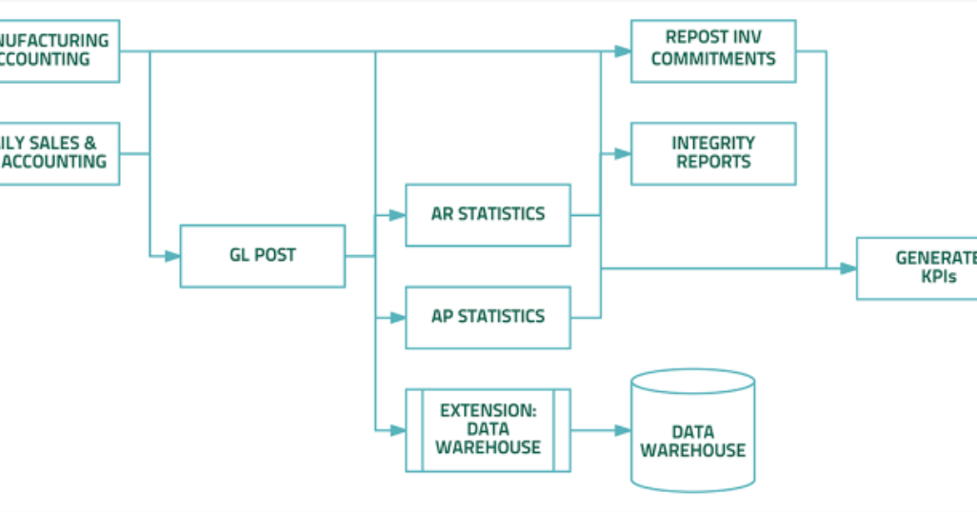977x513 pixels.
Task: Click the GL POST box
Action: pos(262,256)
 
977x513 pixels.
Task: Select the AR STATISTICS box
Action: pos(488,215)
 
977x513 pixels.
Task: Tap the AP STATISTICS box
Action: pos(488,317)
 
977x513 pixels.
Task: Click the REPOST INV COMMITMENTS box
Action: pos(713,50)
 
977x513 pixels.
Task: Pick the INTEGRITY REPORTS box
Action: pos(713,153)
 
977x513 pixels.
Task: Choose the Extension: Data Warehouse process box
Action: pos(488,429)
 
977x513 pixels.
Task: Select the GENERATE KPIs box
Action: pos(916,268)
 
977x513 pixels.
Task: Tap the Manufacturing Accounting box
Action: pos(57,50)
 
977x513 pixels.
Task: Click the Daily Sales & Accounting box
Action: pos(57,153)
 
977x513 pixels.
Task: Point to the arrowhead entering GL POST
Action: pos(172,256)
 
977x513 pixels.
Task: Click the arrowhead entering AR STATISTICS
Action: pos(398,215)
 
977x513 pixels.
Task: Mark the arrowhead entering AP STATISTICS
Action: pos(398,317)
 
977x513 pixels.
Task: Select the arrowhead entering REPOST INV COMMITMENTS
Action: pos(624,50)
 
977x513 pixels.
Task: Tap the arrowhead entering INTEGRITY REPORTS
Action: pos(624,153)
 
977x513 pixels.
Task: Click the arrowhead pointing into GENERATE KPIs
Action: pos(848,268)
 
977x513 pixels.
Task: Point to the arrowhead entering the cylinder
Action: pos(623,430)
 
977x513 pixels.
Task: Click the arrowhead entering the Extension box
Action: pos(398,429)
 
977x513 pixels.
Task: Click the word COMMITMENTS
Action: pos(713,59)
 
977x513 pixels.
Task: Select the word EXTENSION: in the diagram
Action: pos(488,411)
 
